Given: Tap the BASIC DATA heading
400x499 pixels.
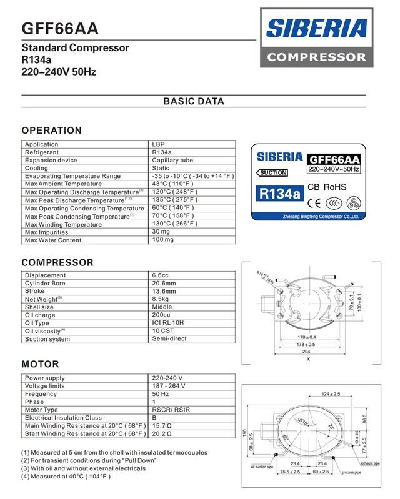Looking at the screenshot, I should tap(193, 101).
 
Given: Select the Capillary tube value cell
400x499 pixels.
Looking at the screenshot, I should tap(172, 160).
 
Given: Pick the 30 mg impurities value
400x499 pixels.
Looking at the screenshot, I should tap(161, 232).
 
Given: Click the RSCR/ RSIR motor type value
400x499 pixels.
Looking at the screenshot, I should tap(171, 410).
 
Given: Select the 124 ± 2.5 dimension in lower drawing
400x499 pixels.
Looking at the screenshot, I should tap(331, 394).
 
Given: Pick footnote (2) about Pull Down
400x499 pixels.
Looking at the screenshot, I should tap(89, 460).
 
